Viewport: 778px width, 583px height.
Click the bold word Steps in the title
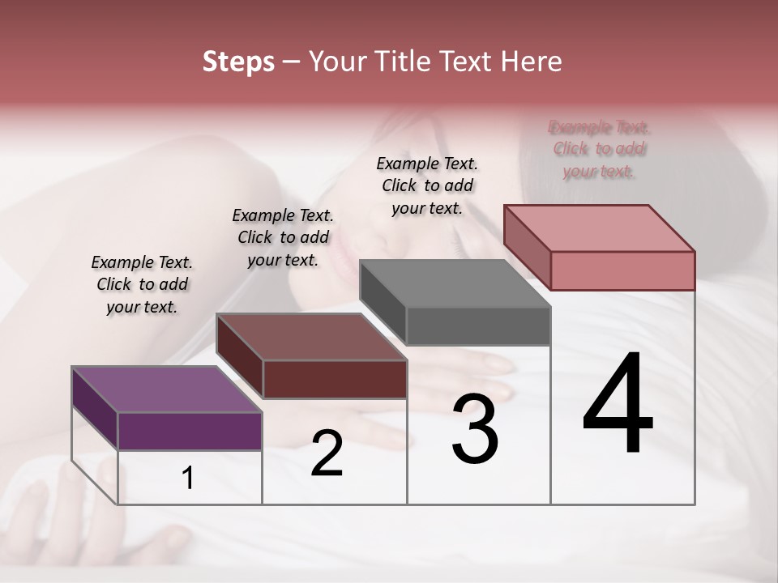coord(238,62)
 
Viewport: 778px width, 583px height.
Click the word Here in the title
coord(530,62)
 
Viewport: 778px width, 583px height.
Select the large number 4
coord(618,404)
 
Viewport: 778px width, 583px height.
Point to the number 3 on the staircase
coord(475,429)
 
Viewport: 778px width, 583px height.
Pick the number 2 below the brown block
coord(327,453)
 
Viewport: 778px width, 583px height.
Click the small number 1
coord(188,478)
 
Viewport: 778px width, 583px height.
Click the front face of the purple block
coord(190,431)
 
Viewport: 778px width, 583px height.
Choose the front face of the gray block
coord(478,326)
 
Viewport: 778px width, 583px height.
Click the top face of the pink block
coord(600,228)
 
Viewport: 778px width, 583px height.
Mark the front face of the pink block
coord(622,270)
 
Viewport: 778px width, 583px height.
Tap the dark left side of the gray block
coord(383,301)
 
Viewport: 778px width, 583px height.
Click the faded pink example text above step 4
coord(599,149)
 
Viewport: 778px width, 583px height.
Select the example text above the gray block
coord(427,185)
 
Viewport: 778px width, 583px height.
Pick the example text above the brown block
coord(283,237)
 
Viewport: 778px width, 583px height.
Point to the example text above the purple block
coord(142,284)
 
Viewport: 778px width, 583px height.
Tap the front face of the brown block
coord(335,379)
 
